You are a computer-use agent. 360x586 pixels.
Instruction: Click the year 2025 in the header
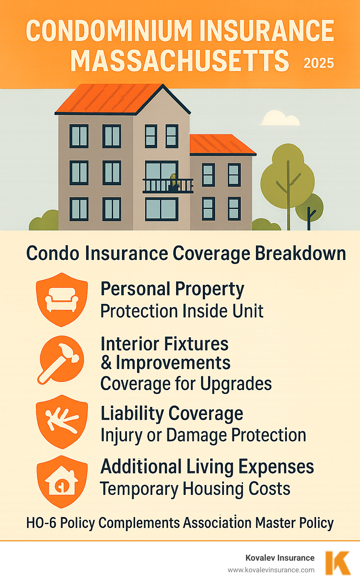[x=319, y=63]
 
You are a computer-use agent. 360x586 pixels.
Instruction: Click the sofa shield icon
[x=62, y=299]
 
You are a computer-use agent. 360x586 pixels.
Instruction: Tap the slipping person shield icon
[x=62, y=421]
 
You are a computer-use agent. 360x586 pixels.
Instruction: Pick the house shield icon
[x=62, y=481]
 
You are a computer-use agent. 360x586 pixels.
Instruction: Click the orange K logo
[x=337, y=563]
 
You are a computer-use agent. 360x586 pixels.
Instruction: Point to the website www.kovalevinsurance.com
[x=271, y=570]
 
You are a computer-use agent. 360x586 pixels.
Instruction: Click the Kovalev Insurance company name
[x=280, y=558]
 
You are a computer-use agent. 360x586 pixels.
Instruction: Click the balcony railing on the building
[x=168, y=186]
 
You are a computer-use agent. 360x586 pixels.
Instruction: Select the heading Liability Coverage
[x=172, y=413]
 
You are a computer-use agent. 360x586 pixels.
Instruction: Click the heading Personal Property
[x=172, y=289]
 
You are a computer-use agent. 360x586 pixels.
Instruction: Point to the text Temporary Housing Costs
[x=195, y=489]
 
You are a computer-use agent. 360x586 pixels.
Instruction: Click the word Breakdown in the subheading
[x=301, y=253]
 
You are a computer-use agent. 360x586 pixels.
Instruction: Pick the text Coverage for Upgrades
[x=186, y=383]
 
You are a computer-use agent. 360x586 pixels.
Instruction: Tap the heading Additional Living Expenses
[x=207, y=467]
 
